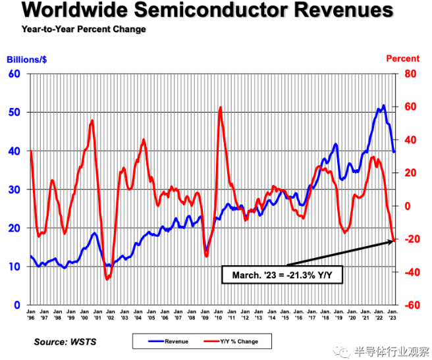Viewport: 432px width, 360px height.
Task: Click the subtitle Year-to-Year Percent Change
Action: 84,30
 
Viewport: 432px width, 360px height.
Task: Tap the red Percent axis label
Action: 402,59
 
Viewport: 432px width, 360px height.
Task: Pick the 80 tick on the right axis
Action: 410,74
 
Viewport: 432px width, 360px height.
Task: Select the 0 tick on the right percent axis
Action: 407,206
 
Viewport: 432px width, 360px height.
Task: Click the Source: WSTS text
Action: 66,342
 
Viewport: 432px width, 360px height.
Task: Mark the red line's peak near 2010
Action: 220,107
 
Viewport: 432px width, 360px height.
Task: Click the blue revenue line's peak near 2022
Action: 383,105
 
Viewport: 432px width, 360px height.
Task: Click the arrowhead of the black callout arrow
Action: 394,241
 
